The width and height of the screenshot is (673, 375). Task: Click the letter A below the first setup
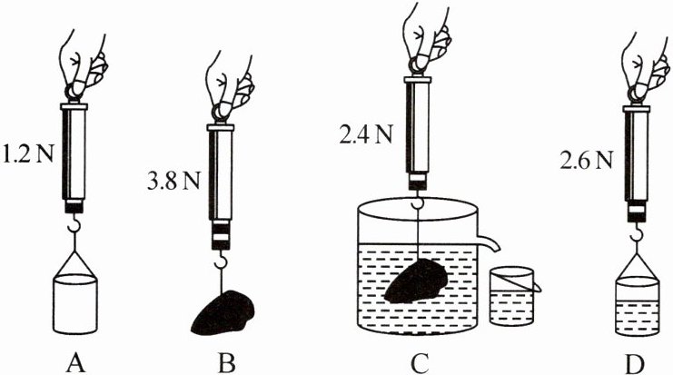[75, 360]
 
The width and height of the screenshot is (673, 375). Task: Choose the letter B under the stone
[226, 360]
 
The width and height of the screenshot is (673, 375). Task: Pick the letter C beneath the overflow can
[419, 360]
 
